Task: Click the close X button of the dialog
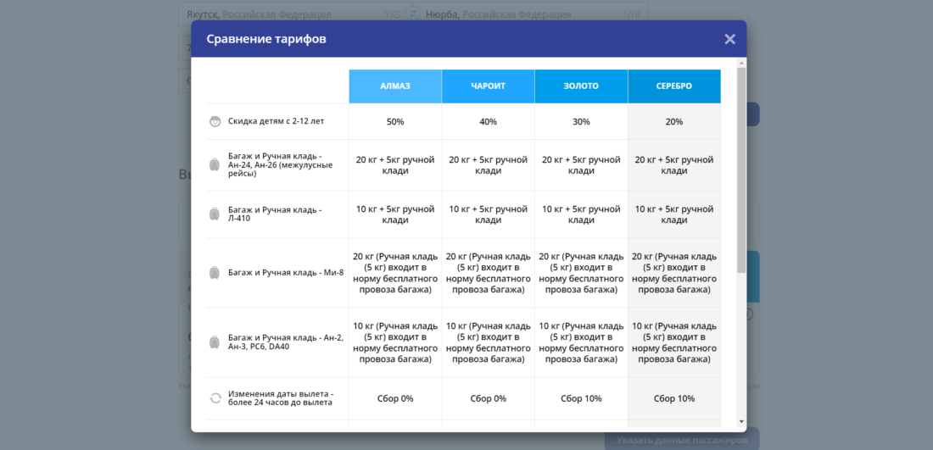pyautogui.click(x=729, y=39)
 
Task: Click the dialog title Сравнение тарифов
pyautogui.click(x=266, y=39)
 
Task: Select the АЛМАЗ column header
pyautogui.click(x=395, y=86)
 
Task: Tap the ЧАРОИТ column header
pyautogui.click(x=488, y=86)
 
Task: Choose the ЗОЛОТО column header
pyautogui.click(x=581, y=86)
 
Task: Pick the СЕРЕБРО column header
pyautogui.click(x=674, y=86)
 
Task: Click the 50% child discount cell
pyautogui.click(x=395, y=122)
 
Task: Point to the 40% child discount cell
pyautogui.click(x=488, y=122)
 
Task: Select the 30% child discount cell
pyautogui.click(x=581, y=122)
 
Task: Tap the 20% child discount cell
pyautogui.click(x=674, y=122)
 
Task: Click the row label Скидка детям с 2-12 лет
pyautogui.click(x=276, y=121)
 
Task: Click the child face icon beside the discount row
pyautogui.click(x=215, y=121)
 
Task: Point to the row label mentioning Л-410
pyautogui.click(x=274, y=214)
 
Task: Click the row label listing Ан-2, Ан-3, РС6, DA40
pyautogui.click(x=285, y=342)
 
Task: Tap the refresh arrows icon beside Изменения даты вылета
pyautogui.click(x=215, y=398)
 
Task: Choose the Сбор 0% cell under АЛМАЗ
pyautogui.click(x=395, y=398)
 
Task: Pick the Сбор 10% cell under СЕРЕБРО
pyautogui.click(x=674, y=398)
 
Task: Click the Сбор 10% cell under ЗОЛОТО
pyautogui.click(x=581, y=398)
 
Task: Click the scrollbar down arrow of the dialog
pyautogui.click(x=741, y=421)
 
